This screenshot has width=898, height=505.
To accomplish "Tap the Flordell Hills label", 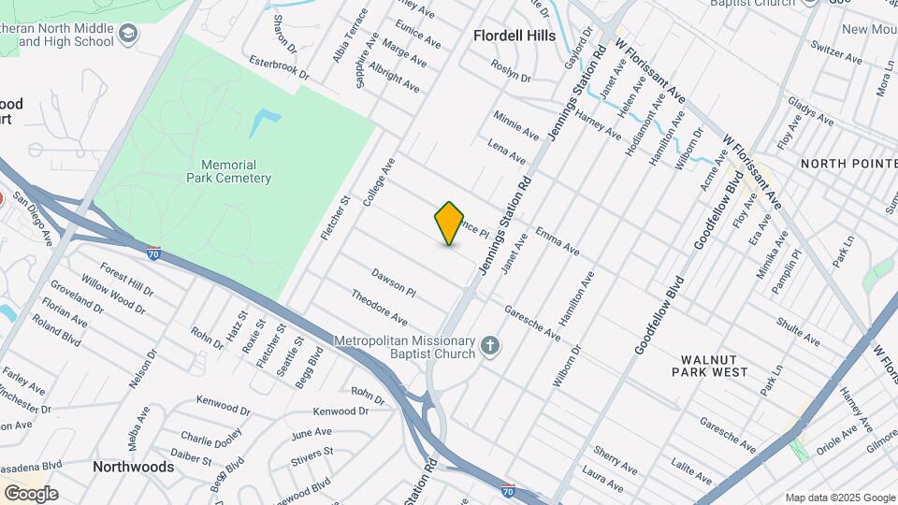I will coord(514,36).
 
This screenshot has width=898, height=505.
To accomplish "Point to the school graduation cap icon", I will coord(128,36).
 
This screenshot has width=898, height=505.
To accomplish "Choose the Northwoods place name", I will coord(133,467).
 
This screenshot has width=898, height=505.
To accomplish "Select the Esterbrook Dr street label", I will coord(279,66).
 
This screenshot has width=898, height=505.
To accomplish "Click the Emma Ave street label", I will coord(558,241).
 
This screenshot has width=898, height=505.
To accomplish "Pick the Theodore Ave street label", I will coord(379,307).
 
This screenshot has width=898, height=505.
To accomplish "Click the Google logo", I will coord(31,493).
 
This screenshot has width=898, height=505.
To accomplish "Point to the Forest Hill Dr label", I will coord(126,277).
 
